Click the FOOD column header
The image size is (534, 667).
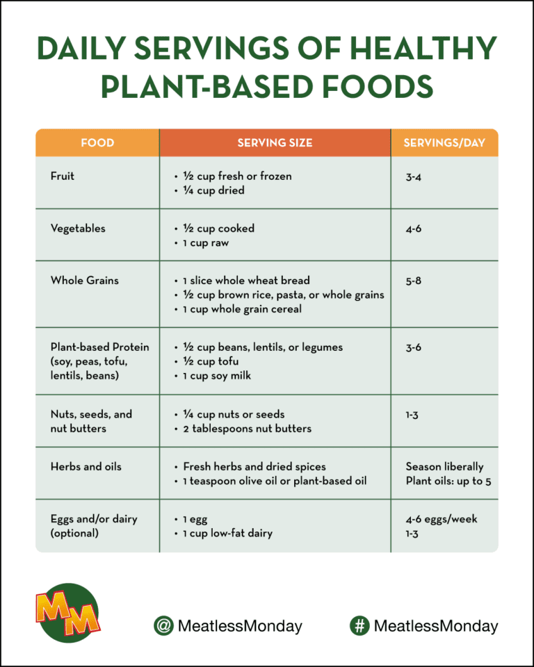[97, 143]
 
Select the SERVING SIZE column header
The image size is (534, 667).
[275, 143]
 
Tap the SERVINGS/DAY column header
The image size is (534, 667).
[444, 143]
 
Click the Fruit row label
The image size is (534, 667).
[63, 176]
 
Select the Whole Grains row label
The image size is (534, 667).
[85, 281]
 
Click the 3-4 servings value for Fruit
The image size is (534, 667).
[414, 176]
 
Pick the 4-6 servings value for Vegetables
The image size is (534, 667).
[414, 229]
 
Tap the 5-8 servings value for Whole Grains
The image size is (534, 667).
[414, 281]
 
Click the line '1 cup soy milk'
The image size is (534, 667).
[217, 376]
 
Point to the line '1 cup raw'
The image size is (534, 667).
[206, 243]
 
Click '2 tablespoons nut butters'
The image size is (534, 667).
[247, 429]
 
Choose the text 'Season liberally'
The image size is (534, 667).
[444, 467]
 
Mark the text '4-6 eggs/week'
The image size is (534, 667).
[442, 519]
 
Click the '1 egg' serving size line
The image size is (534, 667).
[195, 519]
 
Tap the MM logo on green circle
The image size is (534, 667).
[67, 612]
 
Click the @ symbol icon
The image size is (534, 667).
[163, 626]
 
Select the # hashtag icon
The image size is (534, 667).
[359, 626]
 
